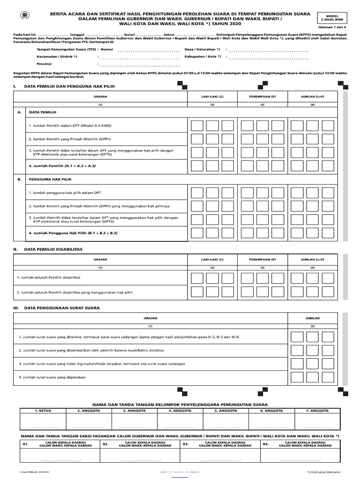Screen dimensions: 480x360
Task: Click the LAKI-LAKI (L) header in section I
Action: (x=212, y=96)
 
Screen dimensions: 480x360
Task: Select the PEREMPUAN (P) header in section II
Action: (x=262, y=259)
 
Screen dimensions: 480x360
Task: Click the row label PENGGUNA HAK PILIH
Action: (x=50, y=180)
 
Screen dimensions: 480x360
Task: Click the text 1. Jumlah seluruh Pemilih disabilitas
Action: (x=48, y=277)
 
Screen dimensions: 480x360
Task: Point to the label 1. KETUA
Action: (x=43, y=410)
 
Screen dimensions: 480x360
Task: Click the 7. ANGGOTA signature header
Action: (x=318, y=410)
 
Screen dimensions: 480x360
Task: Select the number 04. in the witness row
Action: (x=266, y=443)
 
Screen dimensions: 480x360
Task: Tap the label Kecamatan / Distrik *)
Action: (x=57, y=56)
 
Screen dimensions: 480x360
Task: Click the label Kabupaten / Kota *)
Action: (x=203, y=56)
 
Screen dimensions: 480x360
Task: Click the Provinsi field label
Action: (x=44, y=64)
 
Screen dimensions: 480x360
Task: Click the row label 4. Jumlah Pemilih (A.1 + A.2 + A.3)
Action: (x=62, y=166)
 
